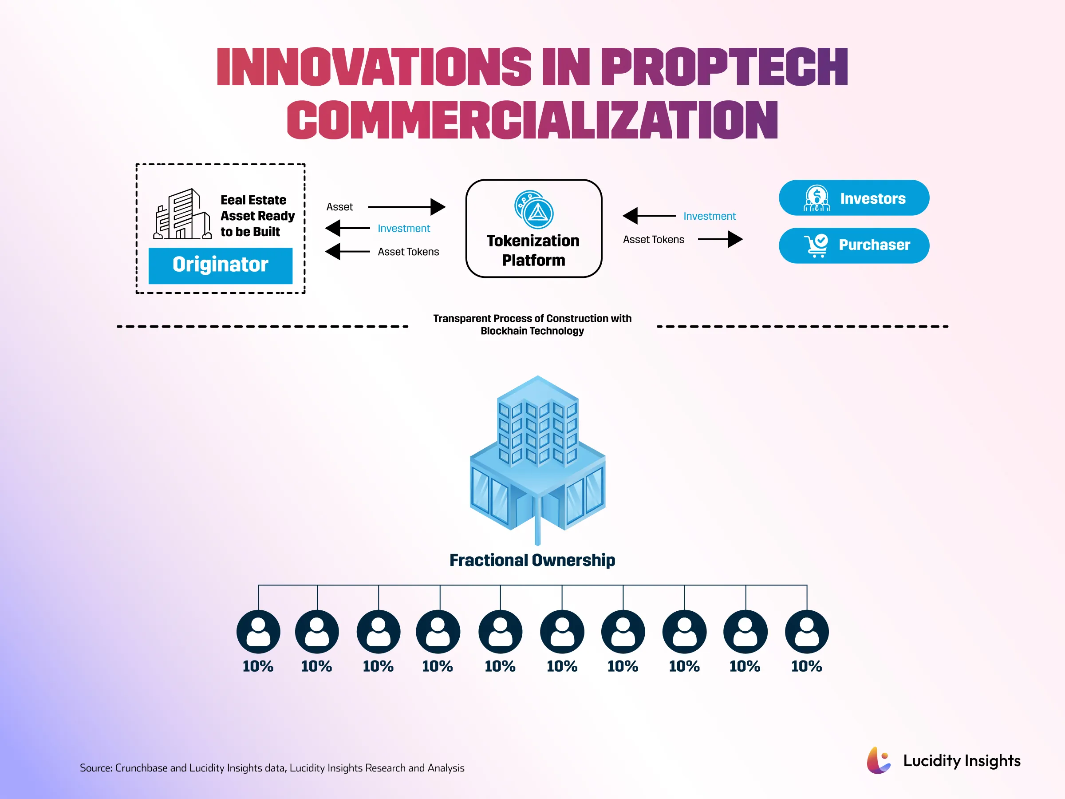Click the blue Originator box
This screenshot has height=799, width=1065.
coord(220,265)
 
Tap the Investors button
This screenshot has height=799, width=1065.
coord(854,198)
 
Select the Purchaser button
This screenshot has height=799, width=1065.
coord(854,245)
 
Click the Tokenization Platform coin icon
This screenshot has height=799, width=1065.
coord(534,210)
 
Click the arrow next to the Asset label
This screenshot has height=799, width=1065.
coord(406,207)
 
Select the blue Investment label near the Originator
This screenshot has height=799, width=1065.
coord(403,228)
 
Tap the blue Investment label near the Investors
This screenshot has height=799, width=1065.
coord(709,216)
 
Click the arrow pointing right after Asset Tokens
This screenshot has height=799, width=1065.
coord(720,239)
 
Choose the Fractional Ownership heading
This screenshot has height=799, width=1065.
coord(532,560)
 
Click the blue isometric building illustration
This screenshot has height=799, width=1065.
coord(537,458)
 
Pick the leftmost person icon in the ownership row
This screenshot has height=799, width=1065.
coord(258,631)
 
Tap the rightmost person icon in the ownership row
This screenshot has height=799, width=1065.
coord(806,631)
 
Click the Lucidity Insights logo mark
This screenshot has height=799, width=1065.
coord(879,760)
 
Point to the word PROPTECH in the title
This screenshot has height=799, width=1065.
coord(724,67)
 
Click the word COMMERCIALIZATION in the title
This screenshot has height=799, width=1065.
coord(532,120)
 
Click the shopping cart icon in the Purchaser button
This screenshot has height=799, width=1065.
coord(816,245)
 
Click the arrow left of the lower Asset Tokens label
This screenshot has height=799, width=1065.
coord(347,251)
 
